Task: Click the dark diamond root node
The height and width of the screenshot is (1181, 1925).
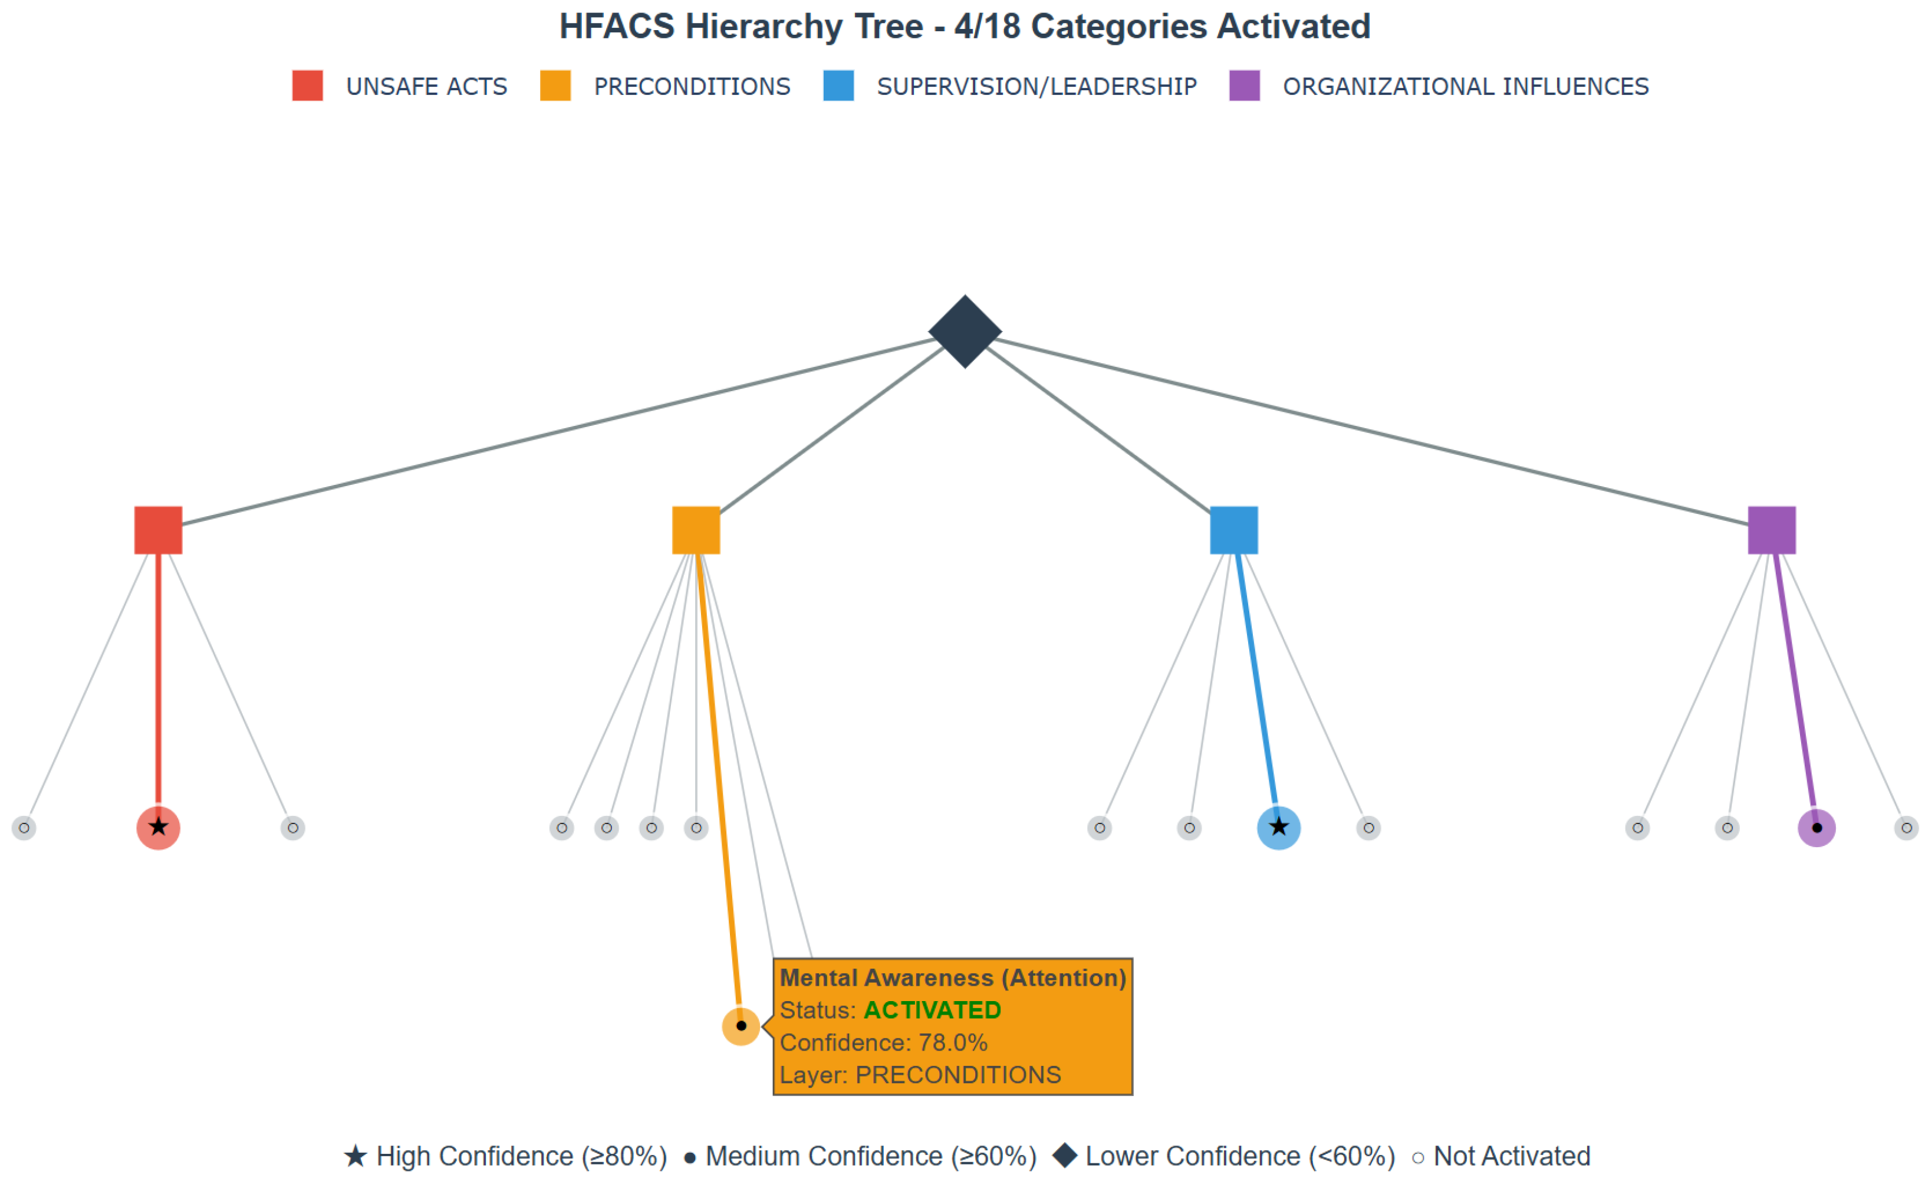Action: click(965, 332)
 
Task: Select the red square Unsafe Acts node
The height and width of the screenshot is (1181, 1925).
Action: click(159, 530)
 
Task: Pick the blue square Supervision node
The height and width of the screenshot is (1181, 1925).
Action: click(1233, 530)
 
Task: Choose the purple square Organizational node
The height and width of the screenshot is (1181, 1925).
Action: click(1772, 530)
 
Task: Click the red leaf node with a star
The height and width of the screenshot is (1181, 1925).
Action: click(159, 828)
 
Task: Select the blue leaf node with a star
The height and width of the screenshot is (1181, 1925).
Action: click(1279, 828)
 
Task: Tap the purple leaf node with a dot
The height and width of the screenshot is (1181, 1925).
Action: click(1817, 828)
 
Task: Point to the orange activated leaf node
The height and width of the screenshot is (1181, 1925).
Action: click(741, 1025)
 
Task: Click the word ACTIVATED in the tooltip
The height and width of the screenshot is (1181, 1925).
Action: click(932, 1010)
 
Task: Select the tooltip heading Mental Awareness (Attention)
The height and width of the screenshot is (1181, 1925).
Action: click(952, 978)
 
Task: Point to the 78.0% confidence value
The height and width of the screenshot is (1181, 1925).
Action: click(952, 1042)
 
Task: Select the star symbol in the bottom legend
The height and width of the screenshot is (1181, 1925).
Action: click(356, 1155)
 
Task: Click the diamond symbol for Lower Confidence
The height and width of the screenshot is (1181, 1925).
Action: click(1065, 1155)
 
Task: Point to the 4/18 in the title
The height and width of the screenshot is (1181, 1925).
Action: click(987, 27)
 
